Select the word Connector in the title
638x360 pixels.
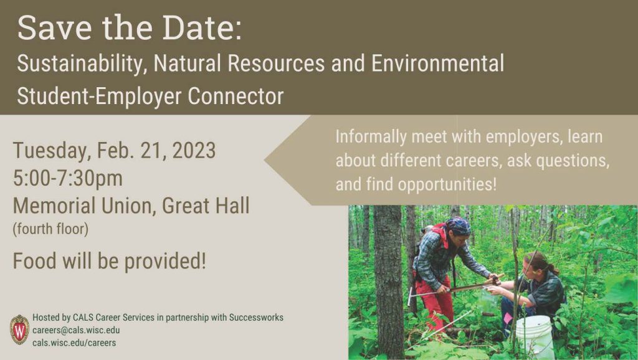236,96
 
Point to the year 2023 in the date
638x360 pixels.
194,151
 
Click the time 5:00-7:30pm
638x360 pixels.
67,179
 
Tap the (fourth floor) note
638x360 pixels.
50,229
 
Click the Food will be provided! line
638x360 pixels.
110,261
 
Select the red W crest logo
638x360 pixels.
19,329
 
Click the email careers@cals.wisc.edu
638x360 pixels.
76,330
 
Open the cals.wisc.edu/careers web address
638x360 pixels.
74,343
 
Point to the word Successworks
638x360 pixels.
256,317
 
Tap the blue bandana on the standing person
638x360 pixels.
458,225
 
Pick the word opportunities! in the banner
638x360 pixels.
447,184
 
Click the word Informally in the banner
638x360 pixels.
371,136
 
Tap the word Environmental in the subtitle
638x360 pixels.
437,64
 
